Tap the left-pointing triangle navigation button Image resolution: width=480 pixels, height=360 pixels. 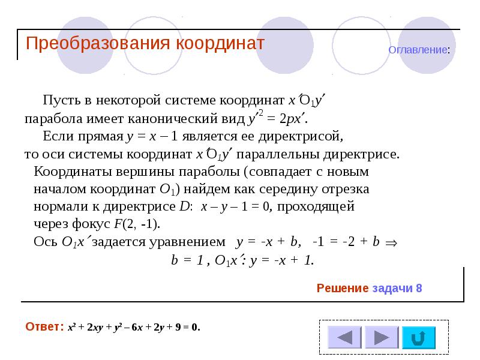click(x=341, y=337)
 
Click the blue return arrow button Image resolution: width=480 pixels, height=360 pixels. click(x=419, y=337)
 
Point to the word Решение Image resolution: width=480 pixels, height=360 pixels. click(x=342, y=289)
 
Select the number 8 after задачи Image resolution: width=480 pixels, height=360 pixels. click(x=419, y=289)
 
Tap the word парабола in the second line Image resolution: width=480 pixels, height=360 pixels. click(x=52, y=118)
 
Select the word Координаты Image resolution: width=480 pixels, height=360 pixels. click(x=68, y=172)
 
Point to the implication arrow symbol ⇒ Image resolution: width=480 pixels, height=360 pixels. click(x=391, y=243)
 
